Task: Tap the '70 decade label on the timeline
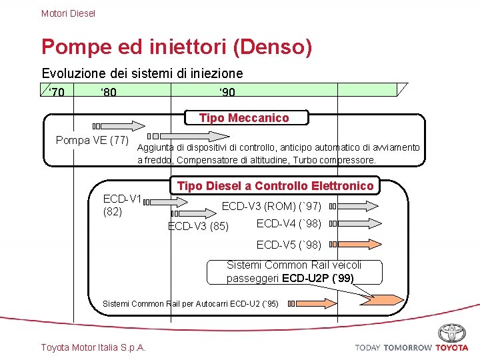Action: pyautogui.click(x=56, y=92)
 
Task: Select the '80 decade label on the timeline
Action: pyautogui.click(x=108, y=92)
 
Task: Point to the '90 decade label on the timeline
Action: pyautogui.click(x=226, y=92)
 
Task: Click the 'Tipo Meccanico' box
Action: pyautogui.click(x=244, y=118)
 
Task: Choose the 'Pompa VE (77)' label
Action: pyautogui.click(x=92, y=141)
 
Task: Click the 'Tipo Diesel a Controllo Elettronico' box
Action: pyautogui.click(x=275, y=185)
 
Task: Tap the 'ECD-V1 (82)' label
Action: pyautogui.click(x=123, y=205)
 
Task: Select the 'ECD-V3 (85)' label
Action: pyautogui.click(x=198, y=227)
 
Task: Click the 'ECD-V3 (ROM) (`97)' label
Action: pyautogui.click(x=271, y=207)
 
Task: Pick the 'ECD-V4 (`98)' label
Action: pyautogui.click(x=289, y=223)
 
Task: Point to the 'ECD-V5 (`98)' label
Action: pyautogui.click(x=289, y=245)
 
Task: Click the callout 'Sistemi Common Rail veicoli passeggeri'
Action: pyautogui.click(x=303, y=271)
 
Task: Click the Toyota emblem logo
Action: pyautogui.click(x=452, y=333)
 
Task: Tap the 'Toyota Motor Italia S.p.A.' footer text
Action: pyautogui.click(x=93, y=347)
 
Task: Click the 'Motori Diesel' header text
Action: pyautogui.click(x=68, y=13)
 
